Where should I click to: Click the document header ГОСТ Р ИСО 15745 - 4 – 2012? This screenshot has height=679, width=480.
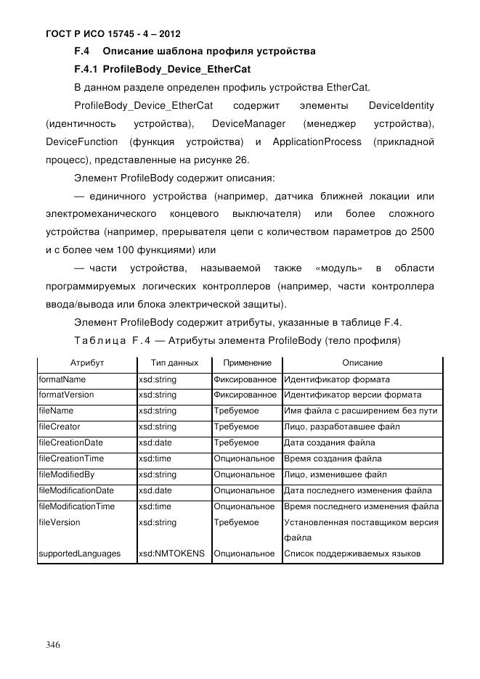coord(113,33)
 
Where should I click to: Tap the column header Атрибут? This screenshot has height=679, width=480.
coord(86,363)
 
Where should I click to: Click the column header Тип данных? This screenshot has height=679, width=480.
coord(174,363)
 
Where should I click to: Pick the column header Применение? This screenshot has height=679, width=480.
coord(246,363)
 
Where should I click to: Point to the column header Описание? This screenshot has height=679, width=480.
coord(362,363)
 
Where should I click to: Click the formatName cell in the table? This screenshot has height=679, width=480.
coord(62,379)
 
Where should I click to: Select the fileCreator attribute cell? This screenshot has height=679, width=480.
coord(60,427)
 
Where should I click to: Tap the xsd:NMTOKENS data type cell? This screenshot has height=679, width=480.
coord(171,554)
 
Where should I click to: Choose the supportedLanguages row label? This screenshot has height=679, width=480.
coord(79,554)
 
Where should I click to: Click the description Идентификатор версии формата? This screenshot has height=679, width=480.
coord(352,395)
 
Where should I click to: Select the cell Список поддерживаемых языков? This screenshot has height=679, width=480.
coord(352,554)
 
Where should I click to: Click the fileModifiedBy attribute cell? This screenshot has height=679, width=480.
coord(66,474)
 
